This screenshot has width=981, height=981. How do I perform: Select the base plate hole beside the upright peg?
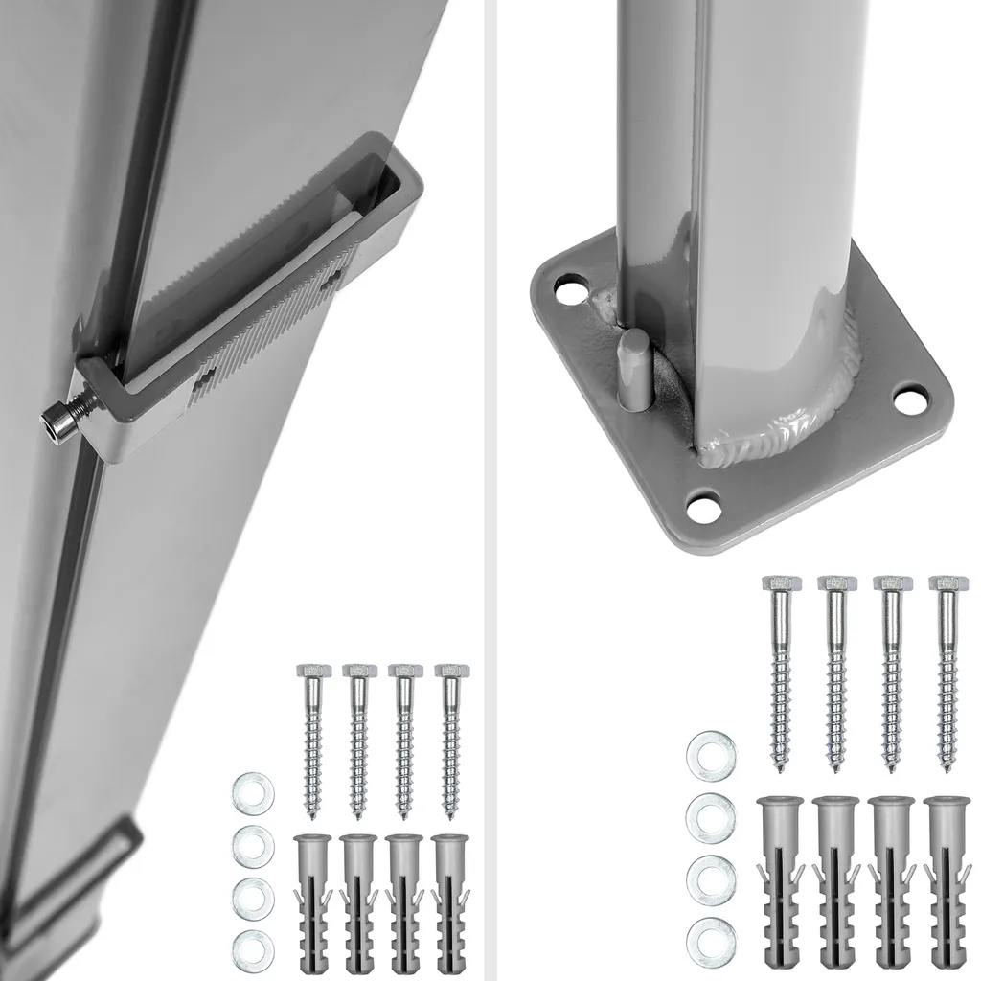(572, 288)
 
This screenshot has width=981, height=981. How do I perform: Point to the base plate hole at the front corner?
(705, 506)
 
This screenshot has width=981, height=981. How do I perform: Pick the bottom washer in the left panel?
(254, 947)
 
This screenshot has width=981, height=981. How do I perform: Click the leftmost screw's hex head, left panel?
(313, 670)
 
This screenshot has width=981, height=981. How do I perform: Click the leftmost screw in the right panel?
(781, 671)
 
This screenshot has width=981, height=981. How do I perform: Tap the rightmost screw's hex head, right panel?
(948, 583)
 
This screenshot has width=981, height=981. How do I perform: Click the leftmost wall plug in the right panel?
(780, 881)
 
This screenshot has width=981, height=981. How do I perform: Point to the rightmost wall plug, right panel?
(948, 881)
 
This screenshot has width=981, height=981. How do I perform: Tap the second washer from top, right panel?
(711, 817)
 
